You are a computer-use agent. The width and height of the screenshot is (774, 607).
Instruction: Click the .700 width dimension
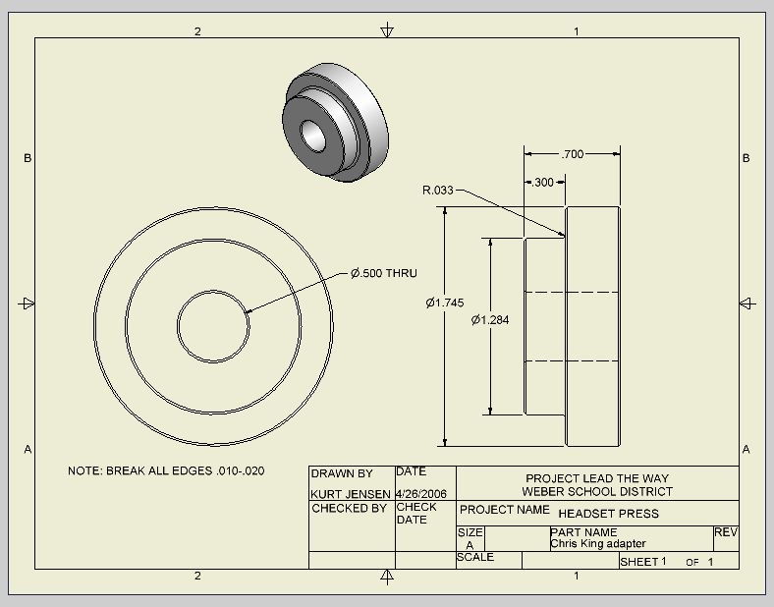572,154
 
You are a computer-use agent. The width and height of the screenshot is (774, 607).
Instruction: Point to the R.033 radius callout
438,191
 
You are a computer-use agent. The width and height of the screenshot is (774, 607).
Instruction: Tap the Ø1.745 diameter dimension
444,303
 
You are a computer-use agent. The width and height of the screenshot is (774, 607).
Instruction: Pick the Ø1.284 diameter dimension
490,319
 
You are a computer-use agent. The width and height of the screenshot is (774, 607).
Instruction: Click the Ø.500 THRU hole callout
384,273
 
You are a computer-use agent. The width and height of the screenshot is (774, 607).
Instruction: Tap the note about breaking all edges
166,470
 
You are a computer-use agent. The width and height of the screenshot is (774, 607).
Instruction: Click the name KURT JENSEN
351,493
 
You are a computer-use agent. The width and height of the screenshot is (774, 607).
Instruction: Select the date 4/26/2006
421,493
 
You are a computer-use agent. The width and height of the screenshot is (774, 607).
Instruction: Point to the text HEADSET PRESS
608,514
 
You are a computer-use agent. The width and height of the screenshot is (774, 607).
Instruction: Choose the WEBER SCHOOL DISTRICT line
597,491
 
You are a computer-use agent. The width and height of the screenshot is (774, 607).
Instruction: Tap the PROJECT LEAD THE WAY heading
597,478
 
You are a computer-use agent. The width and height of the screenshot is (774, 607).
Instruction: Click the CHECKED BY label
349,509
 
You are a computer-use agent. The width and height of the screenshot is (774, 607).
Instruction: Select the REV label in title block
726,531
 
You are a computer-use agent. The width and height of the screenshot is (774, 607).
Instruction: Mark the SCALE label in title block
475,557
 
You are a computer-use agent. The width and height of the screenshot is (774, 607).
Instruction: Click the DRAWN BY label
342,473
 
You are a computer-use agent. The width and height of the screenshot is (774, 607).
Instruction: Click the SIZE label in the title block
470,532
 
